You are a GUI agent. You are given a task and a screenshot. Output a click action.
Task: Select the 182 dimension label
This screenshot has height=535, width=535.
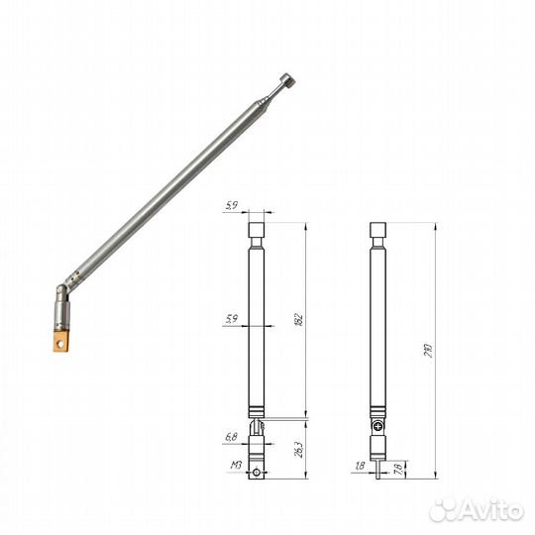(x=298, y=319)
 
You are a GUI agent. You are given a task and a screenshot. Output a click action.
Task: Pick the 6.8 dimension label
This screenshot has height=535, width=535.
(x=232, y=435)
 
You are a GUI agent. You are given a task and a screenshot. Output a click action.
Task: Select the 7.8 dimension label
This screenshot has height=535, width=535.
(x=397, y=466)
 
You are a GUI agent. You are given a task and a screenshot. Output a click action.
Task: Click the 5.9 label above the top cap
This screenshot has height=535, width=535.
(x=232, y=206)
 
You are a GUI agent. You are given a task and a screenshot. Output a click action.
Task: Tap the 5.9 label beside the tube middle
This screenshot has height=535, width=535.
(x=232, y=319)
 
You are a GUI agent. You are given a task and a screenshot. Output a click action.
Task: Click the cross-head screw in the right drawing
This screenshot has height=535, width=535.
(x=377, y=426)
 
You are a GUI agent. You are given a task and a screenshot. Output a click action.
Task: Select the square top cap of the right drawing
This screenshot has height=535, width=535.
(x=377, y=233)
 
